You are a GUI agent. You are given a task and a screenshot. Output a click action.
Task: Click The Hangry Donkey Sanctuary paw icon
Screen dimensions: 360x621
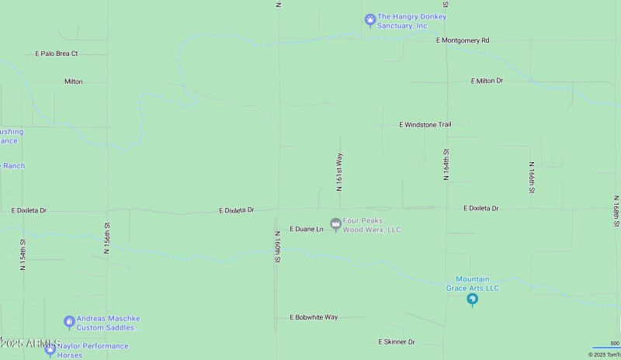370,19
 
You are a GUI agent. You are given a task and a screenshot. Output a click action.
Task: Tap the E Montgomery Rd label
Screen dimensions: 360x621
463,40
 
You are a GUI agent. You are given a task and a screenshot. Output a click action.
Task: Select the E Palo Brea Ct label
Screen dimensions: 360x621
57,54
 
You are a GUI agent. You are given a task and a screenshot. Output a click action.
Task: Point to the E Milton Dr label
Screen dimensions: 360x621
487,81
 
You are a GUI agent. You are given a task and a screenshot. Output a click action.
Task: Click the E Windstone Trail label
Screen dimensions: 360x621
425,124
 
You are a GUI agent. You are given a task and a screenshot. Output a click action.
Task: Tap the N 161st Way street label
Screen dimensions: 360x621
339,171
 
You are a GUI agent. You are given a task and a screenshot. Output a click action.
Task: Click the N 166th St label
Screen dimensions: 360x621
532,178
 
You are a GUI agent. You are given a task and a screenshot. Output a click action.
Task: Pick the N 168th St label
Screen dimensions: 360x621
614,202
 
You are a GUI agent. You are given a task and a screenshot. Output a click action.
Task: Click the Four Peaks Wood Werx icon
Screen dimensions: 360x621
335,225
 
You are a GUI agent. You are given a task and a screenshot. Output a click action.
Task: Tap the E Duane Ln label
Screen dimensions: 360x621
306,230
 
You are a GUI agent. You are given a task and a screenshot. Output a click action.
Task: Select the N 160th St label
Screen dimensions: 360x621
276,247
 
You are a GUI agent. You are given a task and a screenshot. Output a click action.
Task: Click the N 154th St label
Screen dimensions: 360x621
23,254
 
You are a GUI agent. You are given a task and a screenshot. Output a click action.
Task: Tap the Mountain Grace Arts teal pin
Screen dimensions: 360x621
472,300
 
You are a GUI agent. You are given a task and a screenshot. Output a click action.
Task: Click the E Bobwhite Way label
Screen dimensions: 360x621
314,317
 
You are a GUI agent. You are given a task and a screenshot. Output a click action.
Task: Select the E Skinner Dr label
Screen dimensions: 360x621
396,341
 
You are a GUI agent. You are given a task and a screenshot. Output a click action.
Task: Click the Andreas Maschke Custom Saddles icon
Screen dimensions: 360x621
69,321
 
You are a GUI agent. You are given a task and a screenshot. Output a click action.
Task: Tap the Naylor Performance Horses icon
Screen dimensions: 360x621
50,350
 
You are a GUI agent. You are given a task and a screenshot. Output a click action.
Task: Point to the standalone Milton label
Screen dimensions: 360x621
73,81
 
